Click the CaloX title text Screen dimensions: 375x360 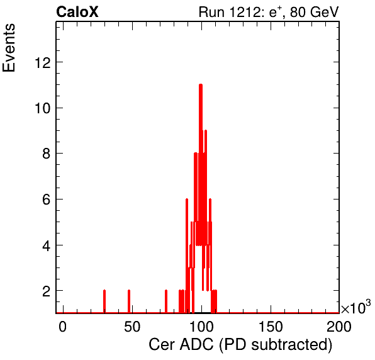click(x=77, y=12)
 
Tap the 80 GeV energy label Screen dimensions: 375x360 click(x=314, y=12)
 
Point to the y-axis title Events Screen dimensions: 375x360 click(x=9, y=48)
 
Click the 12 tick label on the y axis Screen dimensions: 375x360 click(x=43, y=63)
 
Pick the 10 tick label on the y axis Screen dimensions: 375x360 click(x=43, y=108)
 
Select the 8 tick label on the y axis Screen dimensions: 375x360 click(x=47, y=154)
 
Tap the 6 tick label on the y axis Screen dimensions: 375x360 click(x=47, y=200)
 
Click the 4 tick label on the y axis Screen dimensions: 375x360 click(x=47, y=245)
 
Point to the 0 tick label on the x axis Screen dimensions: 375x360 click(x=62, y=327)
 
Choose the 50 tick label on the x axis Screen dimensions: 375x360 click(x=132, y=327)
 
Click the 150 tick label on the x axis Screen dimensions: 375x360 click(x=271, y=327)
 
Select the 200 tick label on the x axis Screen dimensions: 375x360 click(x=339, y=327)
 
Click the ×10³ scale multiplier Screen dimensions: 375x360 click(x=356, y=307)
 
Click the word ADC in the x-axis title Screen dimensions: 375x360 click(x=196, y=345)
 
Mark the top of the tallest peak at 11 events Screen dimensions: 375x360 click(x=201, y=85)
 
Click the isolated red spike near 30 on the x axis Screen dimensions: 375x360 click(x=104, y=301)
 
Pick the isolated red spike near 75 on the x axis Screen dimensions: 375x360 click(x=166, y=301)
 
